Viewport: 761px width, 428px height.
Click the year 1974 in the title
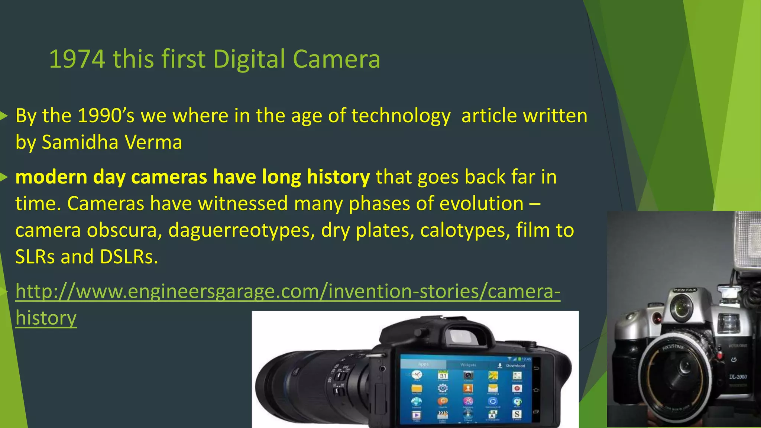click(x=77, y=59)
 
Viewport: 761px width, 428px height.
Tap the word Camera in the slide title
click(x=336, y=59)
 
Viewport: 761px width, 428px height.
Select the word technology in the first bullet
click(x=401, y=116)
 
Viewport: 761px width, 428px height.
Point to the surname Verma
click(x=153, y=142)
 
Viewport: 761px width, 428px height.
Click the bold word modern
click(x=51, y=177)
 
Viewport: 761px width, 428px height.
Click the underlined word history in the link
click(x=46, y=318)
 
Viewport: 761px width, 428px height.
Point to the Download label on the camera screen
click(x=515, y=366)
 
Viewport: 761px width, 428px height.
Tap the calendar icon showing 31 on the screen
click(x=443, y=375)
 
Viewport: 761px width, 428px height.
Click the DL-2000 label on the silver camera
click(x=738, y=377)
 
